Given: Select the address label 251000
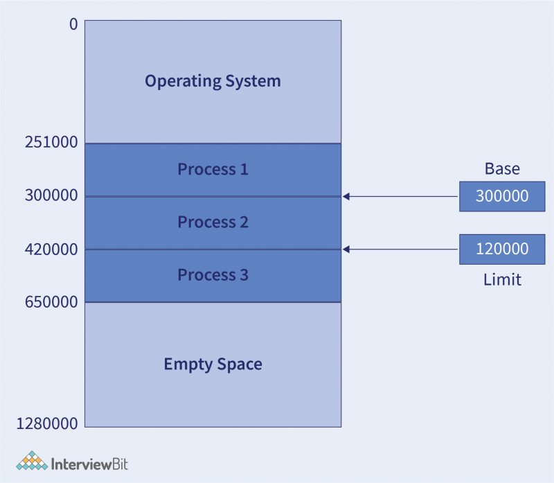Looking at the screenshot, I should click(51, 143).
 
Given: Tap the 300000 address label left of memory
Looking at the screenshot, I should click(51, 196).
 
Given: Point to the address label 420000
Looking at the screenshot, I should click(51, 249).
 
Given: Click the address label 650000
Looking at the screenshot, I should click(51, 302).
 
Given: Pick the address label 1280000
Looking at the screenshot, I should click(47, 423).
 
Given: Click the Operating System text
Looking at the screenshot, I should click(213, 81).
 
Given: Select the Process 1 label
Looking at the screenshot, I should click(213, 169).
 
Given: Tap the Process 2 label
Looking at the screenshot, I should click(213, 222).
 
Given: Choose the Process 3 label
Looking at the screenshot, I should click(213, 275).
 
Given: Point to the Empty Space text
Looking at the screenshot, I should click(213, 364).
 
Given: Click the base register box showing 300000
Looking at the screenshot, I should click(502, 196).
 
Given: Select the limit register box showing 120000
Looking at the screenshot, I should click(502, 249).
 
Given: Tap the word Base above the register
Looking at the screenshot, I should click(502, 169).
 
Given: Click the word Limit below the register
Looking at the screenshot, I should click(502, 279).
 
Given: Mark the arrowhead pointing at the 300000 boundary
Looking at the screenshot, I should click(346, 196).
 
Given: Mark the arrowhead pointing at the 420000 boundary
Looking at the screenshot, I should click(346, 249).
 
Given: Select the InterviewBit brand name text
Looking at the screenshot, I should click(90, 463).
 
